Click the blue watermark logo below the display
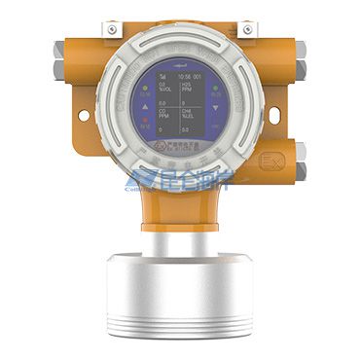(x=180, y=183)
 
